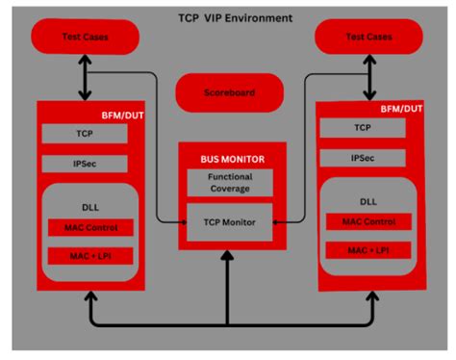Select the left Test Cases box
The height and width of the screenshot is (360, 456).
tap(86, 38)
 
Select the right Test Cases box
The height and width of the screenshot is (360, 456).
tap(368, 38)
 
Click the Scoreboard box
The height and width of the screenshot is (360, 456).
tap(228, 93)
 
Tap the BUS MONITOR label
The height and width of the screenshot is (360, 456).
tap(226, 157)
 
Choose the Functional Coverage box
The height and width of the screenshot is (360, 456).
tap(229, 183)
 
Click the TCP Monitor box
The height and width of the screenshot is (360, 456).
tap(229, 221)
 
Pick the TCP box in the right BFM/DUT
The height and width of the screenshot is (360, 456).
tap(364, 127)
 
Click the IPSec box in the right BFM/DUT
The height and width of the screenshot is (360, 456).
tap(364, 156)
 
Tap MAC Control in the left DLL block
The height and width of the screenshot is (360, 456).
tap(88, 227)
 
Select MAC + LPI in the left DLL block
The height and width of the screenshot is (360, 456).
tap(88, 256)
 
